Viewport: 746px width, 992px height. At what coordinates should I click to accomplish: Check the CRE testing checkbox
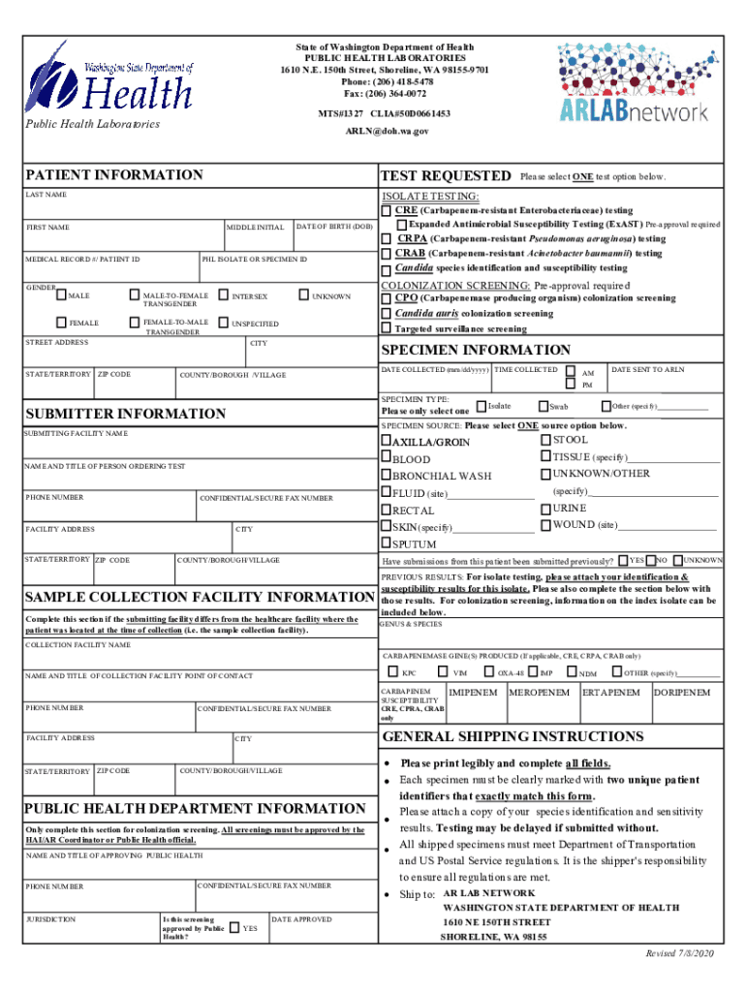387,210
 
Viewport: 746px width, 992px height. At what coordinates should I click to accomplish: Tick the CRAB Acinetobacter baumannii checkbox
387,254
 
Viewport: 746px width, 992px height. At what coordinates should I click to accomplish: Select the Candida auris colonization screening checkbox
387,314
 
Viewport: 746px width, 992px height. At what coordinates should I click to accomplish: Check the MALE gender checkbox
62,294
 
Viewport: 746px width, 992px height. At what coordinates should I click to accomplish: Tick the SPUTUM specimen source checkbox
386,544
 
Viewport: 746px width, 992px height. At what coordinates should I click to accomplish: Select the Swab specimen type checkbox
543,406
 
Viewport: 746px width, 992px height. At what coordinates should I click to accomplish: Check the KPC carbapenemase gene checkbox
392,672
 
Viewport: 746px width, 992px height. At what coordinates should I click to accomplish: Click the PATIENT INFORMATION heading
114,175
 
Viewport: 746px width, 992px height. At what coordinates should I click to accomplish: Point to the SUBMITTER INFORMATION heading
125,414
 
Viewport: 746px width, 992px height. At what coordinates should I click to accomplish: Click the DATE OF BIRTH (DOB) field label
334,227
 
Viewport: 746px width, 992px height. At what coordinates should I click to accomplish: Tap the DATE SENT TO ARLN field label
647,370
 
